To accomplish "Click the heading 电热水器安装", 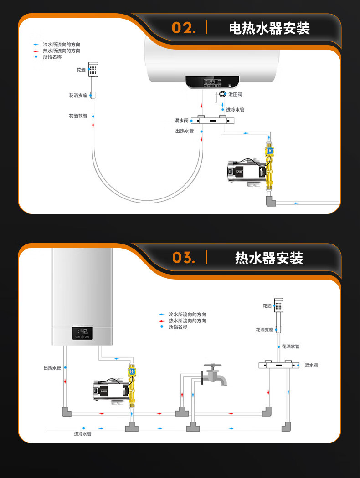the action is [269, 28].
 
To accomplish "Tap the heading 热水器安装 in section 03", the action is [269, 258].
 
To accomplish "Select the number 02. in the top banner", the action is [184, 28].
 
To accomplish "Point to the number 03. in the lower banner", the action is [184, 258].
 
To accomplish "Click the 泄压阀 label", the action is [235, 94].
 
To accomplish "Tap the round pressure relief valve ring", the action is [222, 94].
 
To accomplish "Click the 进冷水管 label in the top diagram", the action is [235, 110].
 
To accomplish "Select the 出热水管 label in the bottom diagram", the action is [52, 368].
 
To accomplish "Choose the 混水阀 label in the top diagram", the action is [181, 121].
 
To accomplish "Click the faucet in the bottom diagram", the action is [213, 375].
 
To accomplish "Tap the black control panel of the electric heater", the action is [212, 82].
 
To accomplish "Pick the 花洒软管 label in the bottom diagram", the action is [291, 346].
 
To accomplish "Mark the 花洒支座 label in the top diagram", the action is [78, 96].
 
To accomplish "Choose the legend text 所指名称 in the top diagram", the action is [52, 57].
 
